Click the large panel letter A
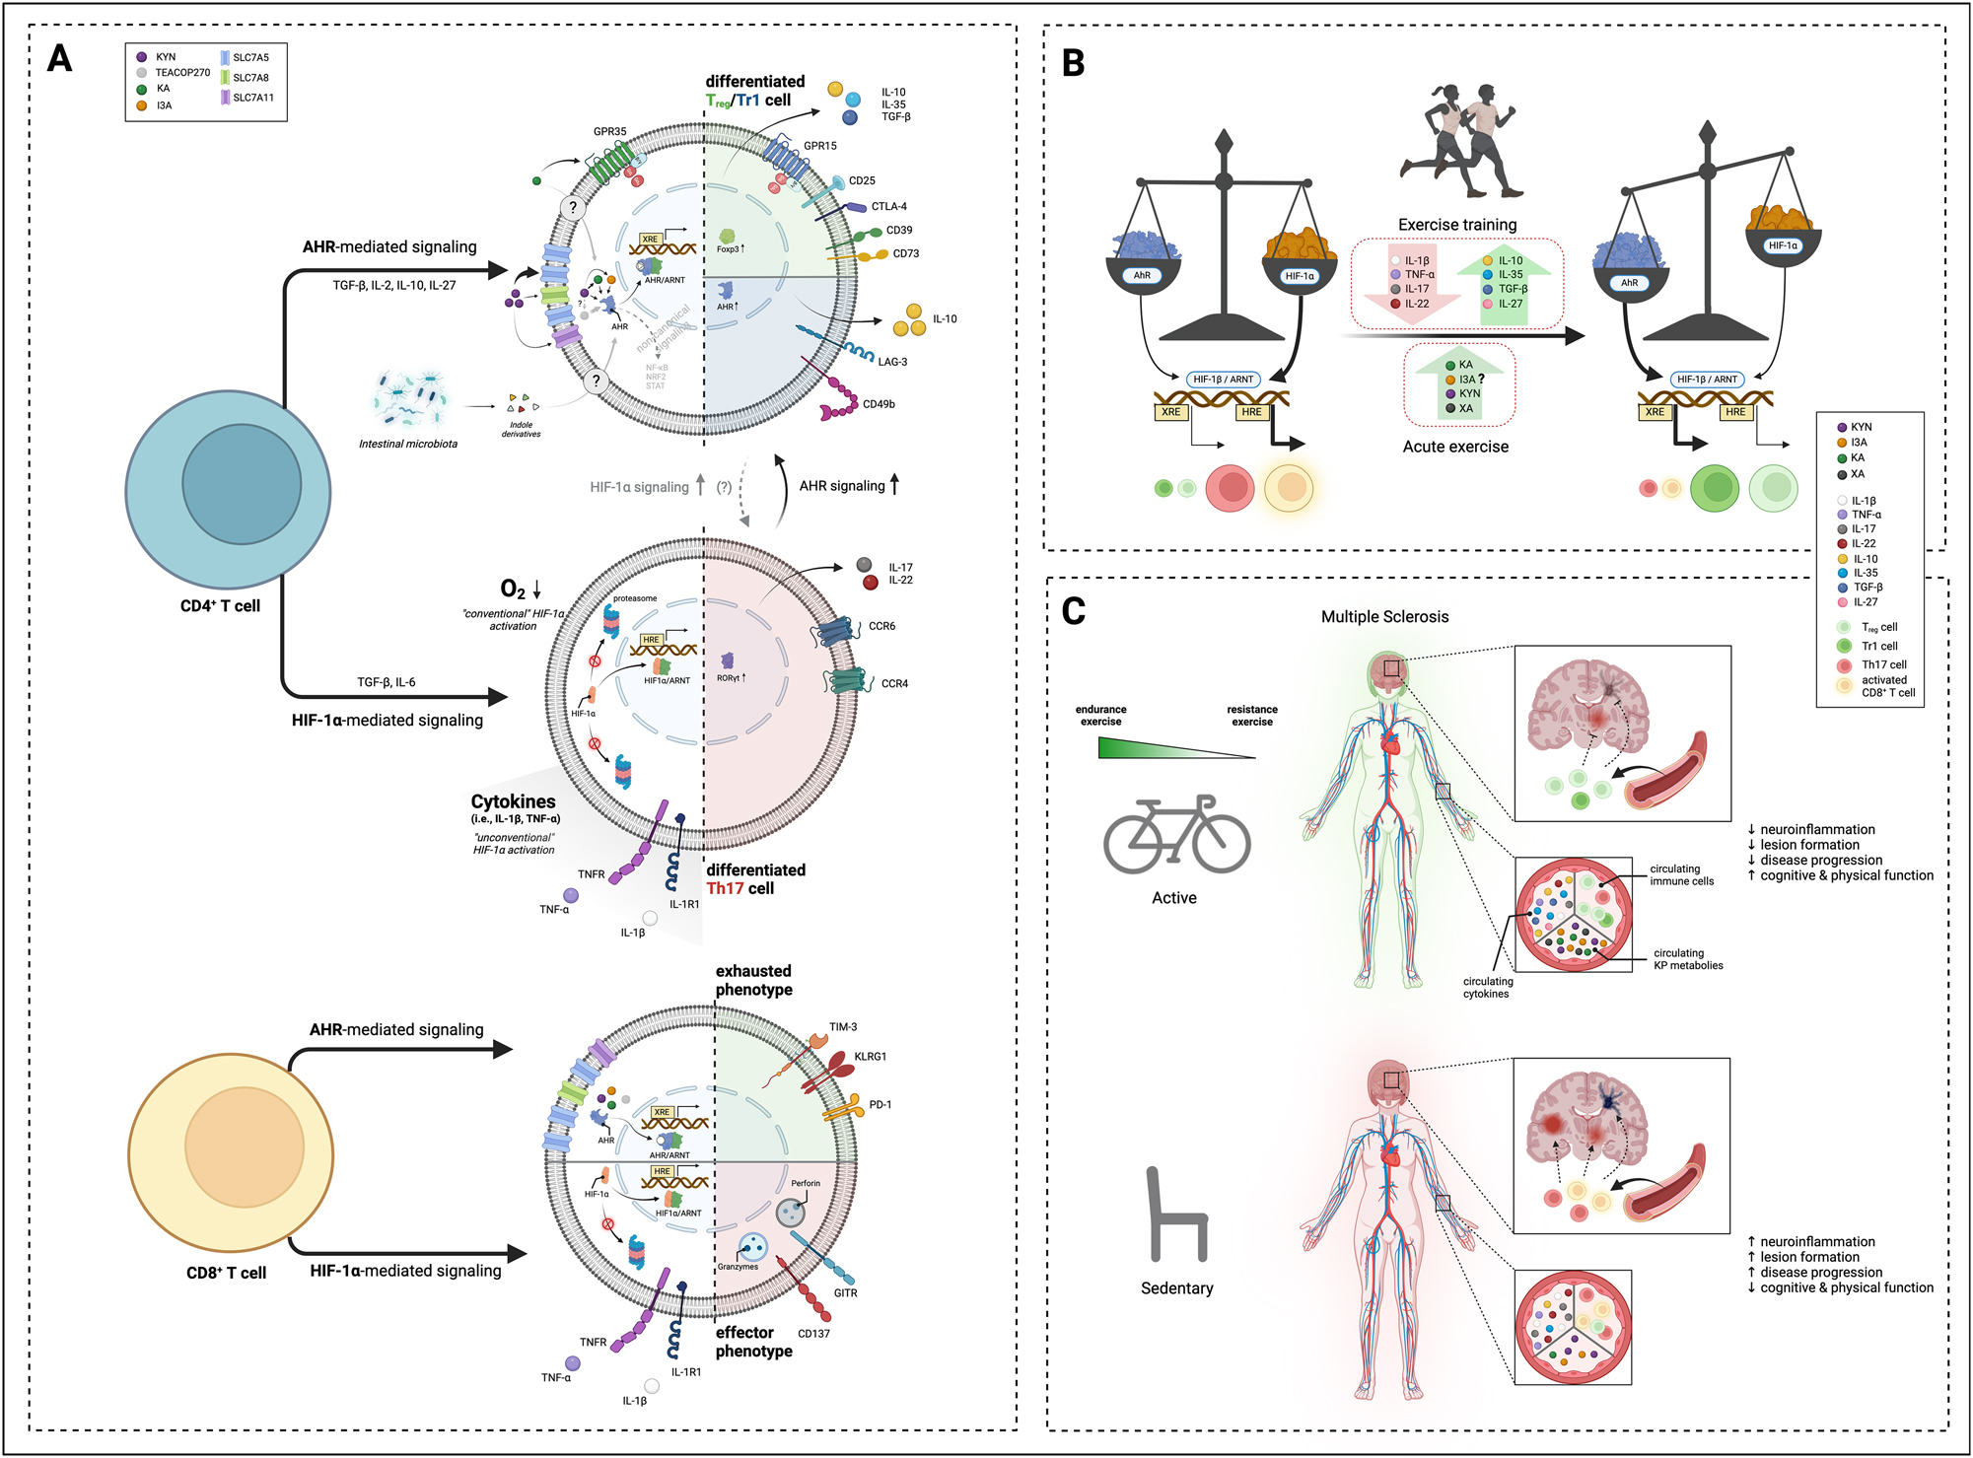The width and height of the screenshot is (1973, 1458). [59, 59]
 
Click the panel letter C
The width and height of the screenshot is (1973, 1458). [1073, 611]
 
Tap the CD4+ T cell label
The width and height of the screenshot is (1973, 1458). [220, 606]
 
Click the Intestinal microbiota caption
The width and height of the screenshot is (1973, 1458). [407, 445]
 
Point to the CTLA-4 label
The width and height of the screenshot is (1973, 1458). [888, 207]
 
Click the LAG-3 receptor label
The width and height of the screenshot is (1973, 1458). [892, 362]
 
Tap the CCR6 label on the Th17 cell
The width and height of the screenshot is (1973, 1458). [881, 627]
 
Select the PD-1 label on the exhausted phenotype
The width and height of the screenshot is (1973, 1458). [880, 1105]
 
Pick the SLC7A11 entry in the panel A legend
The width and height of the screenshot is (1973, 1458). [252, 99]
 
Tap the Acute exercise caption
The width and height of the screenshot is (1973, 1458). [1455, 447]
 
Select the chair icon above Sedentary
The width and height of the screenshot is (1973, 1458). [1175, 1215]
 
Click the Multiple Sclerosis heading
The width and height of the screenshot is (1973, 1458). [1384, 617]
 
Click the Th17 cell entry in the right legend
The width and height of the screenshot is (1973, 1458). [1882, 665]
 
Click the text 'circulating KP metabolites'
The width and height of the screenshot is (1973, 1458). [1688, 959]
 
